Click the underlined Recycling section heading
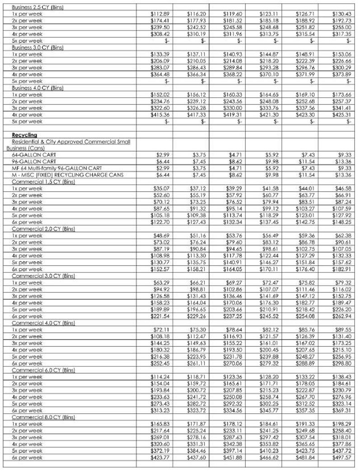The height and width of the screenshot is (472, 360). [x=24, y=135]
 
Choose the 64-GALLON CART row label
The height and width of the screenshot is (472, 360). [x=31, y=155]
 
